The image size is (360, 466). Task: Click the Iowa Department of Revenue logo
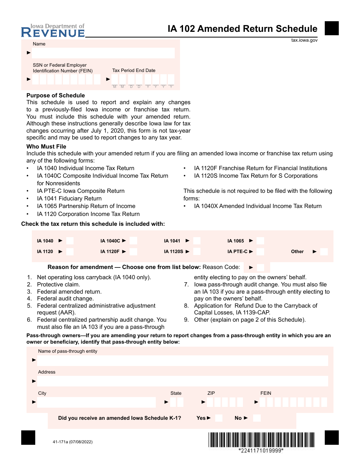click(53, 31)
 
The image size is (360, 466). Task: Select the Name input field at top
click(103, 53)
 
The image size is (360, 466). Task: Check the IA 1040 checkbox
click(70, 241)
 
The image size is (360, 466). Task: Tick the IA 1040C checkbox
click(133, 241)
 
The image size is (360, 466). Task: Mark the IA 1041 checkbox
click(197, 241)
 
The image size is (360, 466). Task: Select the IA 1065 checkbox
click(260, 241)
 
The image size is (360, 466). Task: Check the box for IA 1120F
click(133, 252)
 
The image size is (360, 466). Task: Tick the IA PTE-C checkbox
click(260, 252)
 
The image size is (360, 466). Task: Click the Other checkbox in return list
click(324, 252)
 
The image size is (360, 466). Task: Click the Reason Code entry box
click(261, 267)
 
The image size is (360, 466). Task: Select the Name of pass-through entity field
click(183, 360)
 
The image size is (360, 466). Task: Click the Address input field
click(183, 381)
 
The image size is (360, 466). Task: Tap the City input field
click(96, 402)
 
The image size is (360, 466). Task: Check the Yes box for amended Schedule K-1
click(219, 418)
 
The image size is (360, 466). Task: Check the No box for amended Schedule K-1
click(257, 418)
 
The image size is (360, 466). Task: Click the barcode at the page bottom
click(261, 439)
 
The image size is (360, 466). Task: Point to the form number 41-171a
click(70, 442)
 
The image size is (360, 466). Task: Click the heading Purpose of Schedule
click(56, 95)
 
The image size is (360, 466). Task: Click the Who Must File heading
click(46, 147)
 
